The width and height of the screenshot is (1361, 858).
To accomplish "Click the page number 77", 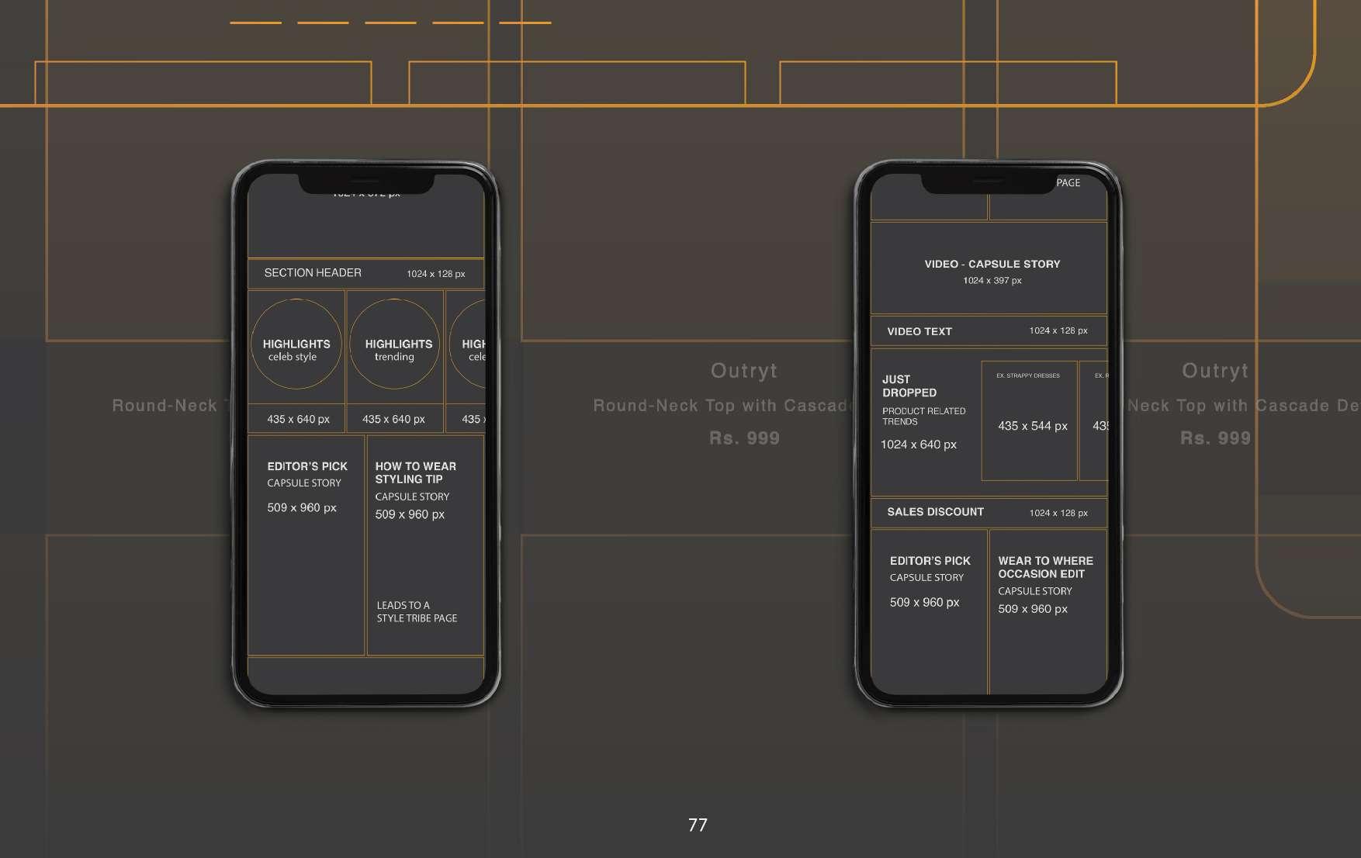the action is coord(698,825).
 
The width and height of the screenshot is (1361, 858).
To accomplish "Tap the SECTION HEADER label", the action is coord(313,273).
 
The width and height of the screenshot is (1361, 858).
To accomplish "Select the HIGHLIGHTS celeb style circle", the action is coord(296,344).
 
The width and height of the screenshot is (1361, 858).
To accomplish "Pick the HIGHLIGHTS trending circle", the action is coord(395,344).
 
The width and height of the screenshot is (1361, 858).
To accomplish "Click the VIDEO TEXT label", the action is coord(919,331).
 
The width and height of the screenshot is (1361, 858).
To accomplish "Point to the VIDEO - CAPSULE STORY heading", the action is coord(992,264).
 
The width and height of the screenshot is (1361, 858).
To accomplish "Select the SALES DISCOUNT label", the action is coord(935,512).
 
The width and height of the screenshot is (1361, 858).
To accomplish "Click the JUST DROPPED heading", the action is coord(909,386).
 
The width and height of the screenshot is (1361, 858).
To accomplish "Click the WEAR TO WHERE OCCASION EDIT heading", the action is coord(1045,567).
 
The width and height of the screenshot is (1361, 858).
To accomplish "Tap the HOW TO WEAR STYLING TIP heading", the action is coord(415,472).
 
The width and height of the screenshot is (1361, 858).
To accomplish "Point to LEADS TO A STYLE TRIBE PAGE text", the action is coord(417,611).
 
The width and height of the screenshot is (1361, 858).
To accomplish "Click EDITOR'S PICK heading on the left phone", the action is coord(307,466).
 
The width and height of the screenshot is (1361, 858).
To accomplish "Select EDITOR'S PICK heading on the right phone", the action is coord(930,561).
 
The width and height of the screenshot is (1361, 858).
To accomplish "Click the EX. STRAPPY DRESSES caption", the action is coord(1028,375).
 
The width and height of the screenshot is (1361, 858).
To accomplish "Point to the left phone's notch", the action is coord(366,184).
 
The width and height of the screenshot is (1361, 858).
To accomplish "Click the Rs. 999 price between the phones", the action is coord(744,438).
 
